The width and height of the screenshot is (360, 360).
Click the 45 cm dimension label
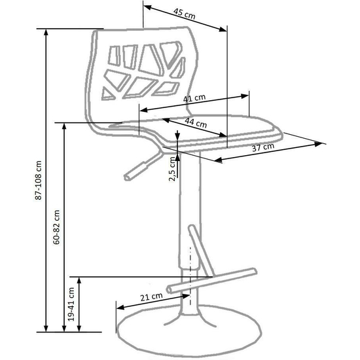click(x=184, y=14)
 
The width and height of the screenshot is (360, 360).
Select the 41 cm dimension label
click(x=194, y=98)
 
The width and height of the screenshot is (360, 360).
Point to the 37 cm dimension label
click(x=263, y=147)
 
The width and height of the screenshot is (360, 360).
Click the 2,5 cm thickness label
click(x=172, y=169)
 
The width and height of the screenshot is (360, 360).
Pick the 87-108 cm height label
click(x=39, y=180)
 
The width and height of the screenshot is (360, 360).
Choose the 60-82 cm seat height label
click(x=56, y=227)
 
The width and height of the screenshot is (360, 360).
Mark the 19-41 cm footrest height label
click(x=71, y=304)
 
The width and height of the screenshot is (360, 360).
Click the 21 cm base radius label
click(x=151, y=297)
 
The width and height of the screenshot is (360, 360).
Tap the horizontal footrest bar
click(x=211, y=281)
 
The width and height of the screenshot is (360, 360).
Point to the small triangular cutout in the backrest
click(x=107, y=94)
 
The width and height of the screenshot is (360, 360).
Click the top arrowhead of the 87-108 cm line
click(x=46, y=32)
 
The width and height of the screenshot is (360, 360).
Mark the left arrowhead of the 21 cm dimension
click(x=120, y=307)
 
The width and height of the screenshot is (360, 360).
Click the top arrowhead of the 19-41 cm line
click(x=79, y=280)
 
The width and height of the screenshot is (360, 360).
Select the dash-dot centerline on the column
click(x=190, y=276)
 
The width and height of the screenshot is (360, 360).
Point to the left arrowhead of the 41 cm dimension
click(x=143, y=110)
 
